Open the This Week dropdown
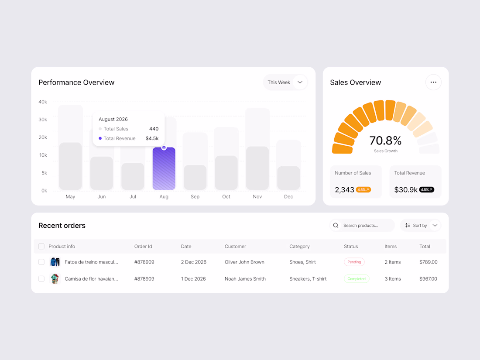tap(285, 82)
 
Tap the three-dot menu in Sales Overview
tap(433, 82)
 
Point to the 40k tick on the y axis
tap(43, 102)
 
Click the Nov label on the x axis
tap(257, 197)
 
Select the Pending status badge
tap(354, 262)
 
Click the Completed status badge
tap(357, 279)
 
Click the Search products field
tap(362, 226)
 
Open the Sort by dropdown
tap(421, 226)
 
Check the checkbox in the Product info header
tap(41, 247)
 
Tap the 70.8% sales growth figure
tap(385, 141)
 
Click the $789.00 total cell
tap(428, 262)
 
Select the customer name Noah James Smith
tap(245, 279)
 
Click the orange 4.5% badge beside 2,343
tap(363, 190)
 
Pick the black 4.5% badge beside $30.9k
tap(426, 190)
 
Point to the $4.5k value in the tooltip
tap(152, 138)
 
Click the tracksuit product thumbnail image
tap(55, 262)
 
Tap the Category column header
tap(299, 247)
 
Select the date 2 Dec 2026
tap(194, 262)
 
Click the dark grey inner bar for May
tap(70, 166)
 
